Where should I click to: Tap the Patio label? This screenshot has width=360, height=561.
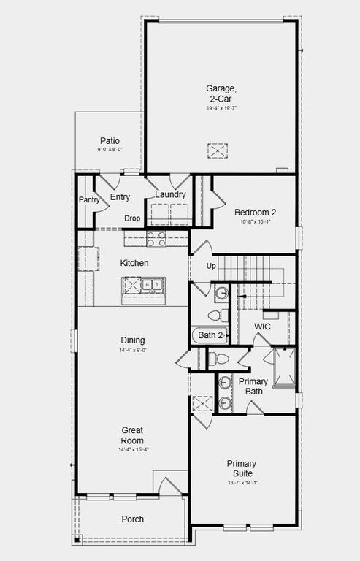(110, 141)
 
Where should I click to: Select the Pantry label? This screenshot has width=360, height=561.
(89, 199)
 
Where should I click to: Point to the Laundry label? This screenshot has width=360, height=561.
(169, 195)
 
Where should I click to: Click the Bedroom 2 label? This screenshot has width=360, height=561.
(255, 213)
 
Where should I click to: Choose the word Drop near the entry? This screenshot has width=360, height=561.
(132, 218)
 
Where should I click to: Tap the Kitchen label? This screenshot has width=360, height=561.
(134, 263)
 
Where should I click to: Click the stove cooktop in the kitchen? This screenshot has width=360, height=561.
(156, 238)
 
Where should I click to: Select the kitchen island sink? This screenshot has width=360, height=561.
(152, 286)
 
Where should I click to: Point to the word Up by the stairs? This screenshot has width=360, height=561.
(211, 266)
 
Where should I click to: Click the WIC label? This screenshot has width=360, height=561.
(262, 327)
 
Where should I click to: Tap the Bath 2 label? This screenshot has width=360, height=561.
(210, 335)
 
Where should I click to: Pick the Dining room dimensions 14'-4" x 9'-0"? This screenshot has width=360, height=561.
(133, 351)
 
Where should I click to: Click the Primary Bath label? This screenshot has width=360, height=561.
(253, 386)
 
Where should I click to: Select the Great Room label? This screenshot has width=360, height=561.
(133, 435)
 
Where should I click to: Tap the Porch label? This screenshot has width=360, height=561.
(133, 519)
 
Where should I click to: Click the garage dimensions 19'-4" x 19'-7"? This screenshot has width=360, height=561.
(221, 108)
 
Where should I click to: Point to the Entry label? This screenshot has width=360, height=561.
(120, 197)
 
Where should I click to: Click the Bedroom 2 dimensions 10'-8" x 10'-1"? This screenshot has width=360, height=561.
(255, 222)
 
